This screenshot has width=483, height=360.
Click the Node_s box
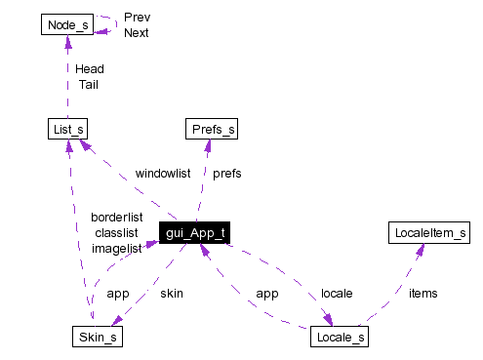click(x=67, y=24)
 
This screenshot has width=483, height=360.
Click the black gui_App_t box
click(x=195, y=234)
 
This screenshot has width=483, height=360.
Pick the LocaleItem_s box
click(x=429, y=233)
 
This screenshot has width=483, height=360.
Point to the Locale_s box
click(x=340, y=339)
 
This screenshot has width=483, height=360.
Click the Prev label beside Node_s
click(x=137, y=17)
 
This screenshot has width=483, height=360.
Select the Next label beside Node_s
click(x=137, y=32)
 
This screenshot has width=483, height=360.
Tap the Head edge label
click(x=89, y=69)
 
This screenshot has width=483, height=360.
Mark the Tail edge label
click(x=89, y=84)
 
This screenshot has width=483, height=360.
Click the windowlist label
click(x=162, y=173)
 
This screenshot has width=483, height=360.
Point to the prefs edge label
click(x=226, y=173)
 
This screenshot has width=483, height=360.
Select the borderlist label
click(x=116, y=217)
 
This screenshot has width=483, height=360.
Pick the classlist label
click(x=116, y=232)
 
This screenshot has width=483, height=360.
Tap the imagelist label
click(x=116, y=248)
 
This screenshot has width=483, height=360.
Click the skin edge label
click(x=171, y=293)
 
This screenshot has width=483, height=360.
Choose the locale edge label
click(x=337, y=293)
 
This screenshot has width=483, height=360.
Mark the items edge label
click(x=423, y=293)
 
